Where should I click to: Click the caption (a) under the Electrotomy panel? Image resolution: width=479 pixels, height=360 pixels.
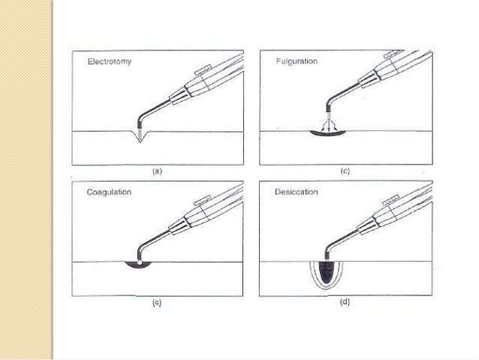[156, 172]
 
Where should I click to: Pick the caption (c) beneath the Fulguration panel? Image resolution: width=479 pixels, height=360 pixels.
[345, 172]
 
